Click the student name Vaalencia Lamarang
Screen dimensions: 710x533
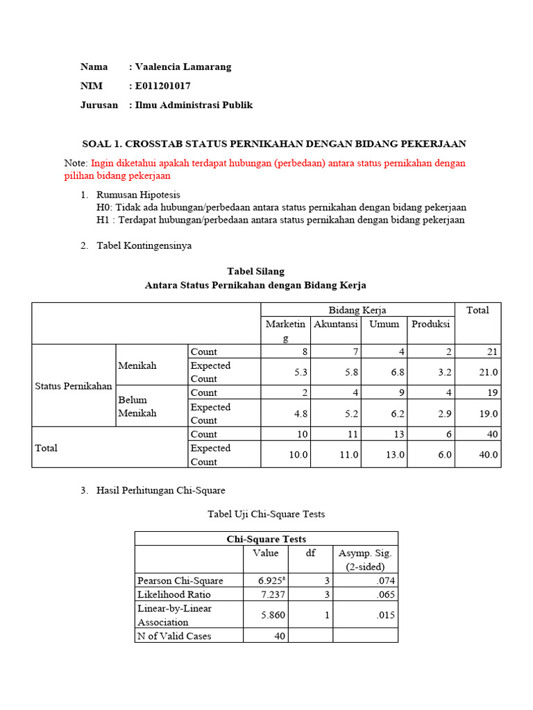[x=183, y=67]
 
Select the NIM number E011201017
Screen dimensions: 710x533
[x=162, y=86]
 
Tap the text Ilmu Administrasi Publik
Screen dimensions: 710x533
[x=194, y=105]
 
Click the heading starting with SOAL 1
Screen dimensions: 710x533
[x=274, y=144]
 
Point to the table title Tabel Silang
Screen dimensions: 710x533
[x=255, y=271]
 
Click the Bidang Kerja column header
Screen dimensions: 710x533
[x=357, y=310]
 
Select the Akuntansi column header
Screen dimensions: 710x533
[x=335, y=324]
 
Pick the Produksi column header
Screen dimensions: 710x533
[x=430, y=324]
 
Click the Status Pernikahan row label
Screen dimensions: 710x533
[x=74, y=386]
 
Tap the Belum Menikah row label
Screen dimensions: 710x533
[x=137, y=406]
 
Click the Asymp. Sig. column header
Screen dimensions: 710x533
[x=365, y=560]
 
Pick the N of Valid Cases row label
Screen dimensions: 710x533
[x=174, y=636]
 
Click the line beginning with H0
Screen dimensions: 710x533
[x=282, y=207]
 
